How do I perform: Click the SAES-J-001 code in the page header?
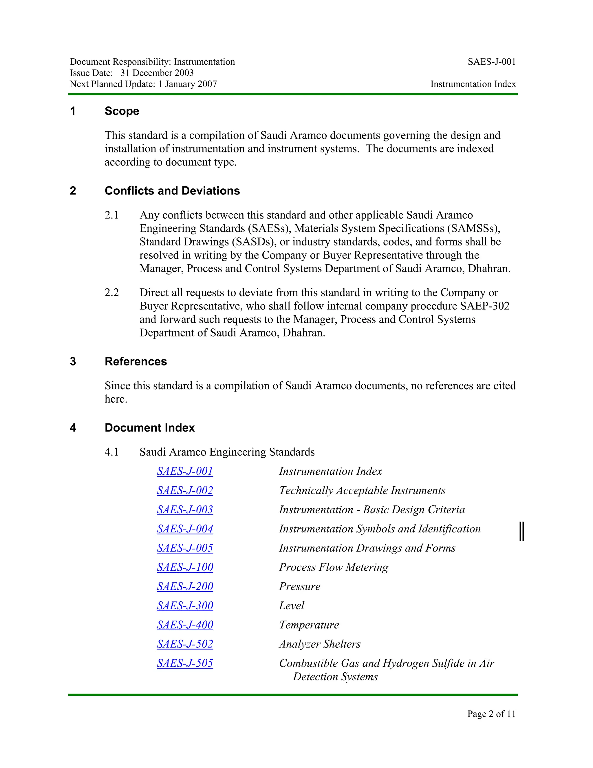[491, 62]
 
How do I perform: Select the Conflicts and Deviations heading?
[172, 191]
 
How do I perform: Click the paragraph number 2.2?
[111, 293]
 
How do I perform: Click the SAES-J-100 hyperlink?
[185, 567]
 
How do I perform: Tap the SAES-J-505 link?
[185, 663]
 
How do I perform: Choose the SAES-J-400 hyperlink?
[185, 625]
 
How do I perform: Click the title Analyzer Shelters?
[320, 644]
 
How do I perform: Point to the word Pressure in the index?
[300, 586]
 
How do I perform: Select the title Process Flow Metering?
[333, 567]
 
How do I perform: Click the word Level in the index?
[292, 605]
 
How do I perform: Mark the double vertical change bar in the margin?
[522, 531]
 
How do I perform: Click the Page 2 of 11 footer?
[491, 714]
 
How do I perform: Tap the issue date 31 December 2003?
[157, 73]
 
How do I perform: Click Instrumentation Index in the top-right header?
[473, 84]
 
